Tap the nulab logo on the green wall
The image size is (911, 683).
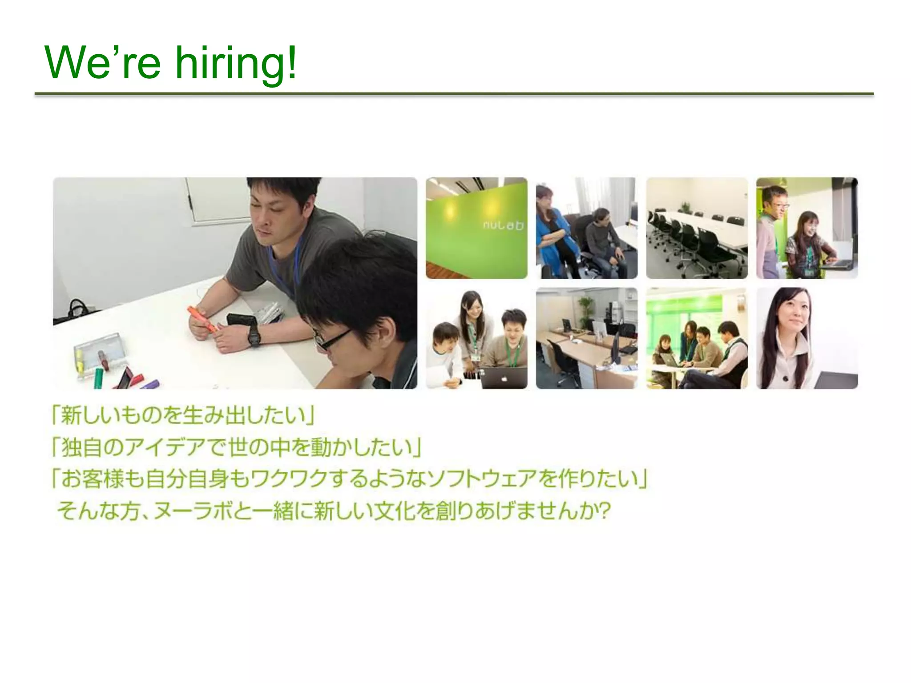tap(503, 225)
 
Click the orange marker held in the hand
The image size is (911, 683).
tap(203, 318)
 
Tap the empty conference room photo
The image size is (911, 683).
tap(697, 228)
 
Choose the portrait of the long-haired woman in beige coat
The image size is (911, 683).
tap(806, 338)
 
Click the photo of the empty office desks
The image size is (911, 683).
tap(586, 338)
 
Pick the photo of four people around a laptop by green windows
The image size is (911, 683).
tap(697, 338)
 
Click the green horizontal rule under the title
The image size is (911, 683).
tap(454, 94)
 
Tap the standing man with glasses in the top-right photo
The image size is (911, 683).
tap(774, 227)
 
